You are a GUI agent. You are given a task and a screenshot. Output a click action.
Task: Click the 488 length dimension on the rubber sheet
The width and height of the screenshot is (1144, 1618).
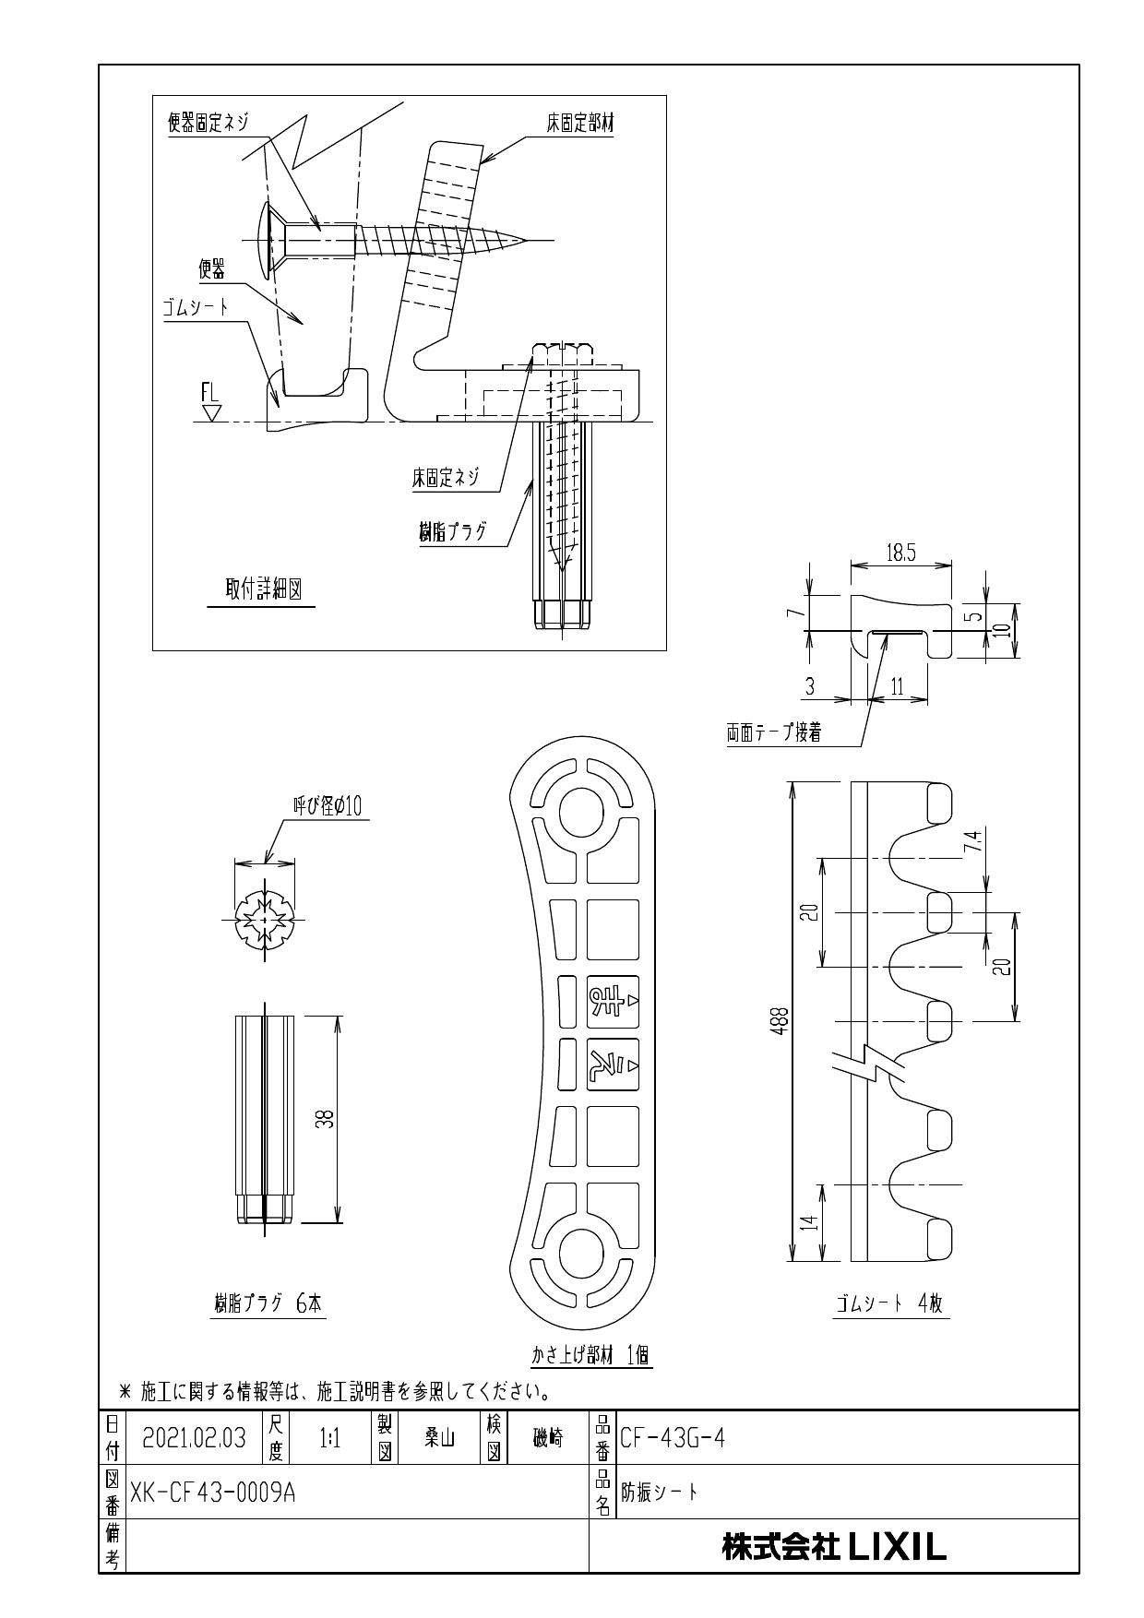[781, 1022]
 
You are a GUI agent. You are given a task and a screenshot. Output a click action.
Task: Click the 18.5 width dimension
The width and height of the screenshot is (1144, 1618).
[900, 553]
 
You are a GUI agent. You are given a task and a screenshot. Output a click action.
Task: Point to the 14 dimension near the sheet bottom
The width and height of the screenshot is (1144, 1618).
[808, 1223]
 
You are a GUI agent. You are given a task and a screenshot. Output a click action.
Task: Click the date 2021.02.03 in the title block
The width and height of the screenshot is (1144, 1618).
[195, 1438]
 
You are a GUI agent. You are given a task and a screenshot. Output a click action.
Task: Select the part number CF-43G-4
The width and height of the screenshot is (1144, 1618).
[672, 1438]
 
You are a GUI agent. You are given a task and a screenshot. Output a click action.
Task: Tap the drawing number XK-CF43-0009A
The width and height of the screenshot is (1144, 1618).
[212, 1493]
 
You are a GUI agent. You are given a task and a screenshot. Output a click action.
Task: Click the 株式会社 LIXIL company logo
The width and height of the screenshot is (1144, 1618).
[834, 1547]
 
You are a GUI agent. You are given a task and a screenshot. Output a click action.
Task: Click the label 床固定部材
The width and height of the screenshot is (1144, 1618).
[579, 125]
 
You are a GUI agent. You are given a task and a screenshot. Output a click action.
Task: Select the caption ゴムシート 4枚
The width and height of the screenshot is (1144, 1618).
[891, 1304]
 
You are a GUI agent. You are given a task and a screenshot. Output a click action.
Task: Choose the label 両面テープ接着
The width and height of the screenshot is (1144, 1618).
[774, 734]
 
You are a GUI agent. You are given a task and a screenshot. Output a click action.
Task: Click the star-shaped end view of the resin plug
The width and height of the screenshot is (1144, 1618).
[265, 920]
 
